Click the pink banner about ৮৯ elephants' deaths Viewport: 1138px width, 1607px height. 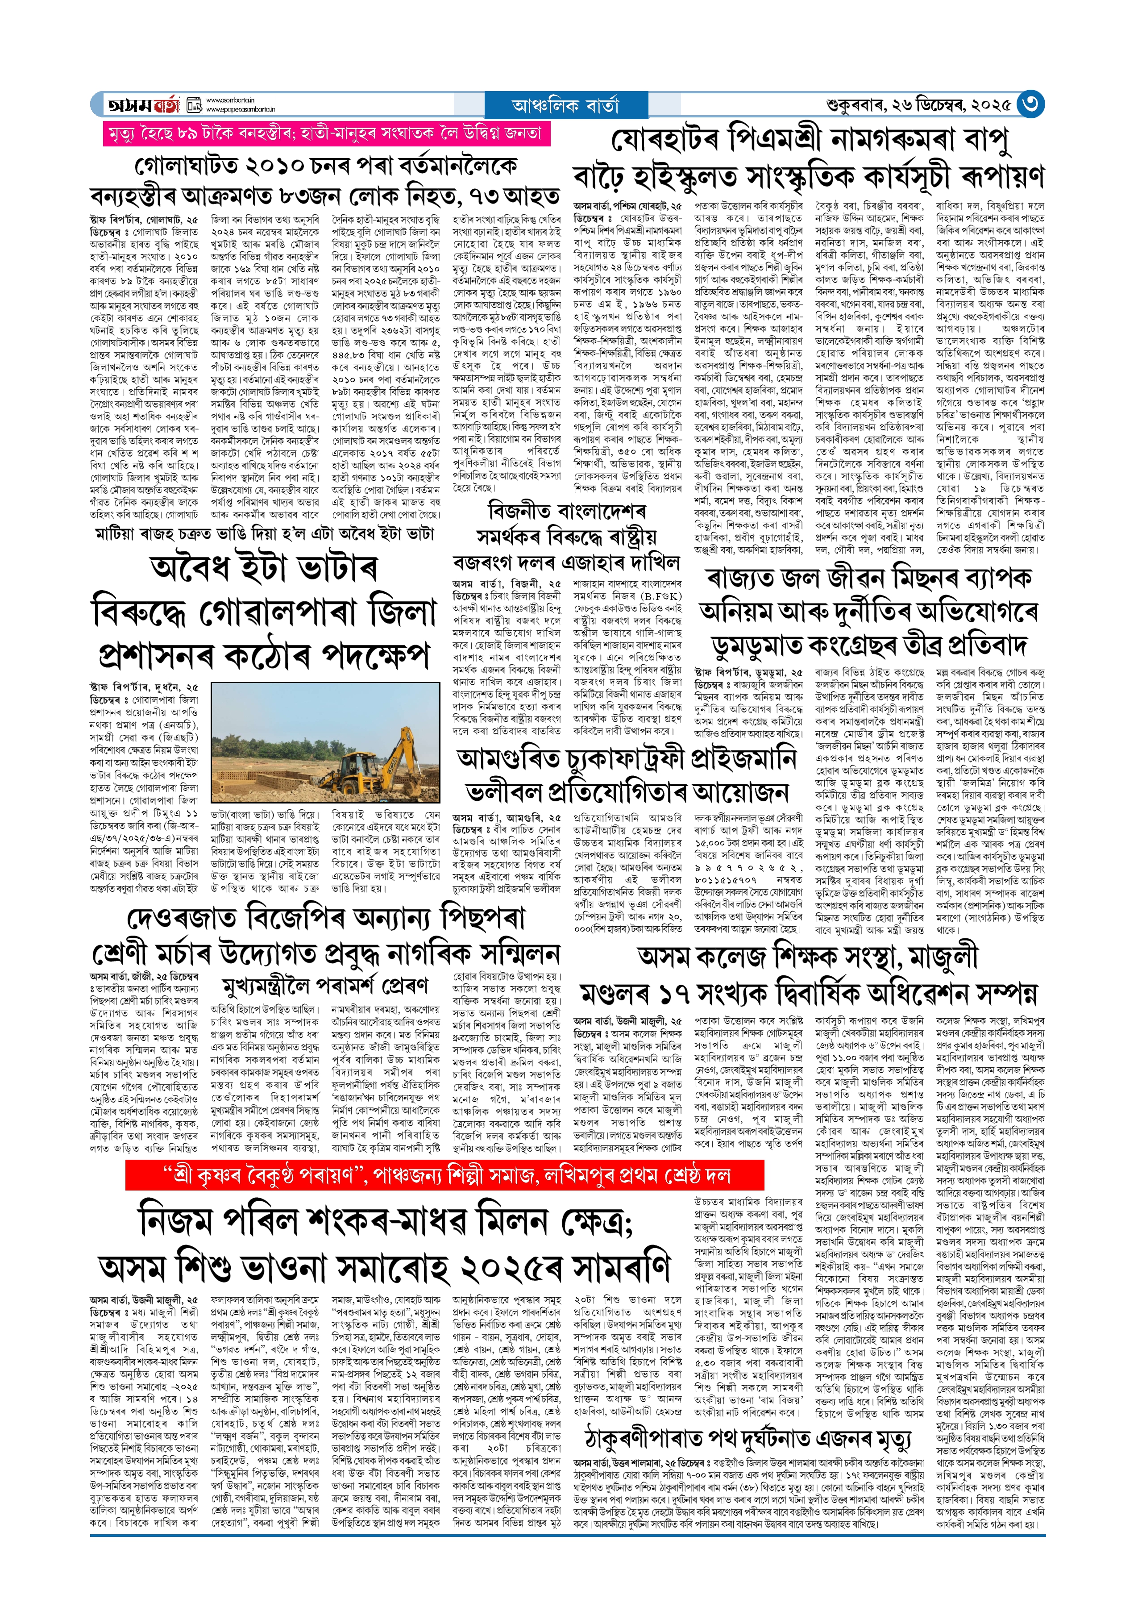click(x=327, y=133)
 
